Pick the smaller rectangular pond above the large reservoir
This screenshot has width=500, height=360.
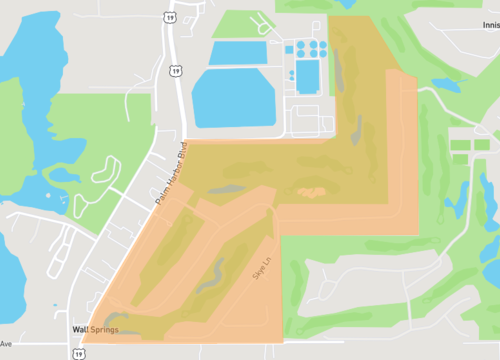(x=238, y=52)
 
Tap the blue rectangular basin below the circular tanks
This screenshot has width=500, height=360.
(x=307, y=72)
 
